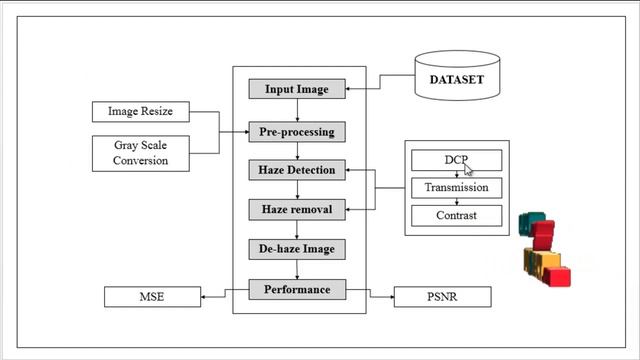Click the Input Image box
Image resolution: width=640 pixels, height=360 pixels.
click(296, 89)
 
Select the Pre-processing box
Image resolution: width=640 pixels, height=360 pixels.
click(296, 131)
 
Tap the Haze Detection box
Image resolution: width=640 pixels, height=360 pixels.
click(296, 170)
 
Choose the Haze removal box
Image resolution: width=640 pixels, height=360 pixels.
click(296, 210)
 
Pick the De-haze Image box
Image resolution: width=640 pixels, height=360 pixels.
click(296, 249)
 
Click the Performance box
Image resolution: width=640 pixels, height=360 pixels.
click(296, 290)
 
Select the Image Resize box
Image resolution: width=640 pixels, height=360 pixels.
click(139, 112)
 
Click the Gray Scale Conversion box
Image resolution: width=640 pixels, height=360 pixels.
click(139, 153)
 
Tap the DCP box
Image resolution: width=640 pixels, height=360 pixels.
click(456, 160)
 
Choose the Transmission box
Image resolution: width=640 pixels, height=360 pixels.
click(456, 187)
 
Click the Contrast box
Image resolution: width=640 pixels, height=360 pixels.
click(456, 215)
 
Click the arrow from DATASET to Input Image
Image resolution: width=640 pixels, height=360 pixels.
click(380, 89)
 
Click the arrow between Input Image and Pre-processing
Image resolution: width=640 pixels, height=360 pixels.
click(296, 110)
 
